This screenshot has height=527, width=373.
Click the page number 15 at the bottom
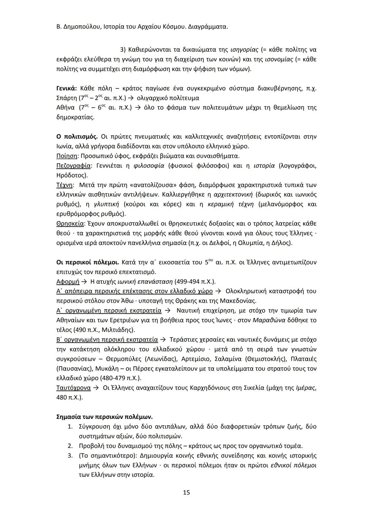(186, 492)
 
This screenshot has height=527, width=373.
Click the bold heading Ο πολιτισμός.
(77, 137)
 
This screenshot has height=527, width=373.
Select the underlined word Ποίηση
(67, 156)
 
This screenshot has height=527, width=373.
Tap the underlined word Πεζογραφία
(74, 166)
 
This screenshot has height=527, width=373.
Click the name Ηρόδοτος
(71, 175)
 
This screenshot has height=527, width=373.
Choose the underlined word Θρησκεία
(70, 224)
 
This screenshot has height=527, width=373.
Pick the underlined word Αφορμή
(68, 282)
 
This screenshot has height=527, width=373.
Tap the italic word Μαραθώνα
(269, 320)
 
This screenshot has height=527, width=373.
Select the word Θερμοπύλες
(124, 359)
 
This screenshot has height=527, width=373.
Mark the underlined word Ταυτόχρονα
(73, 388)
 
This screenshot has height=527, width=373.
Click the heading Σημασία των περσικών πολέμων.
(104, 417)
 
